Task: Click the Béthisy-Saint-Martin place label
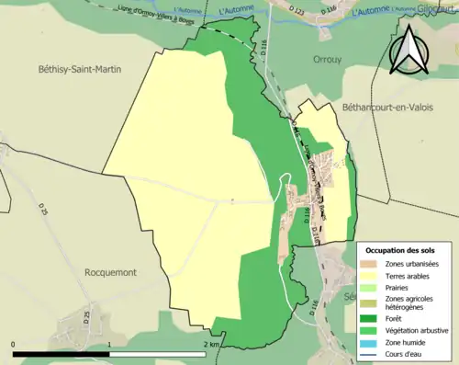tap(81, 68)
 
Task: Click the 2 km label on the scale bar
tap(212, 344)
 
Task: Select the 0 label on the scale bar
tap(14, 344)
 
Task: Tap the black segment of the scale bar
tap(62, 353)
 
